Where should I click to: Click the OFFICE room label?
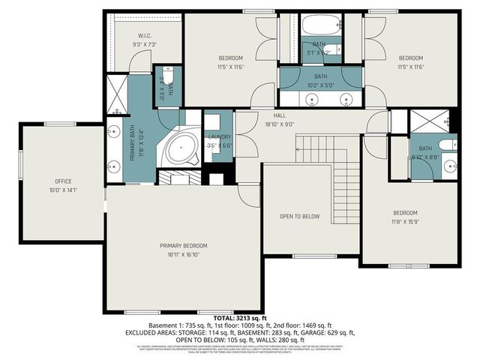[x=62, y=181]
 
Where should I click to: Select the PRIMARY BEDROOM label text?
[x=183, y=246]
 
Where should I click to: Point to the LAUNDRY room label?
[x=219, y=136]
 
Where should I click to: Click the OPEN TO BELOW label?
[x=300, y=216]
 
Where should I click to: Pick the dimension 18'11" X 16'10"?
[x=183, y=255]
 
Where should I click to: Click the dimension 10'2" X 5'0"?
[x=320, y=85]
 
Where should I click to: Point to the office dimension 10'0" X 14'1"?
[x=62, y=190]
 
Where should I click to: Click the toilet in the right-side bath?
[x=448, y=145]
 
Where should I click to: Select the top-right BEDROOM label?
[x=410, y=58]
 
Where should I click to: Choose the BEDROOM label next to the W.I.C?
[x=231, y=58]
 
